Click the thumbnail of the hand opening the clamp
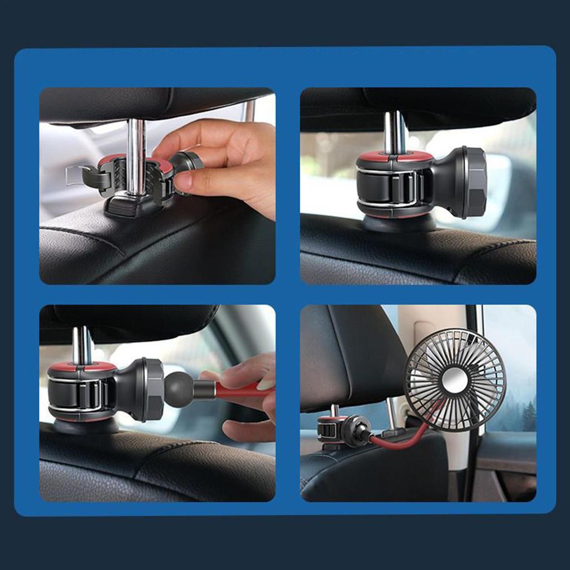[x=157, y=186]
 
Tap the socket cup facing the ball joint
[x=151, y=390]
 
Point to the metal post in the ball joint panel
[x=82, y=345]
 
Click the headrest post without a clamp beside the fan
[x=393, y=414]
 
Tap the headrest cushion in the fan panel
[x=351, y=356]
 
